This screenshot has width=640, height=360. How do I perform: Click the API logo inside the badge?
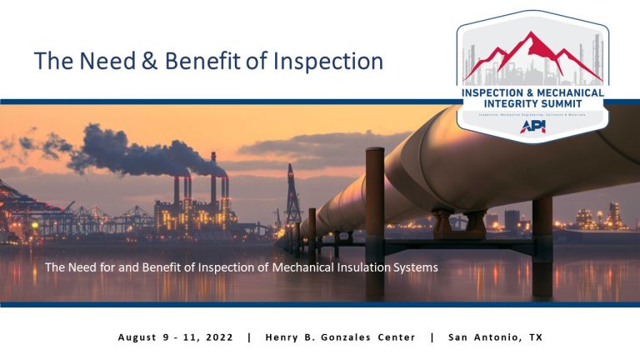point(532,127)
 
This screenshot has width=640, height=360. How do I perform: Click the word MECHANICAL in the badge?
point(572,92)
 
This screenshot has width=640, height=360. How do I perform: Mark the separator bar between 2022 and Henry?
point(248,337)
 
